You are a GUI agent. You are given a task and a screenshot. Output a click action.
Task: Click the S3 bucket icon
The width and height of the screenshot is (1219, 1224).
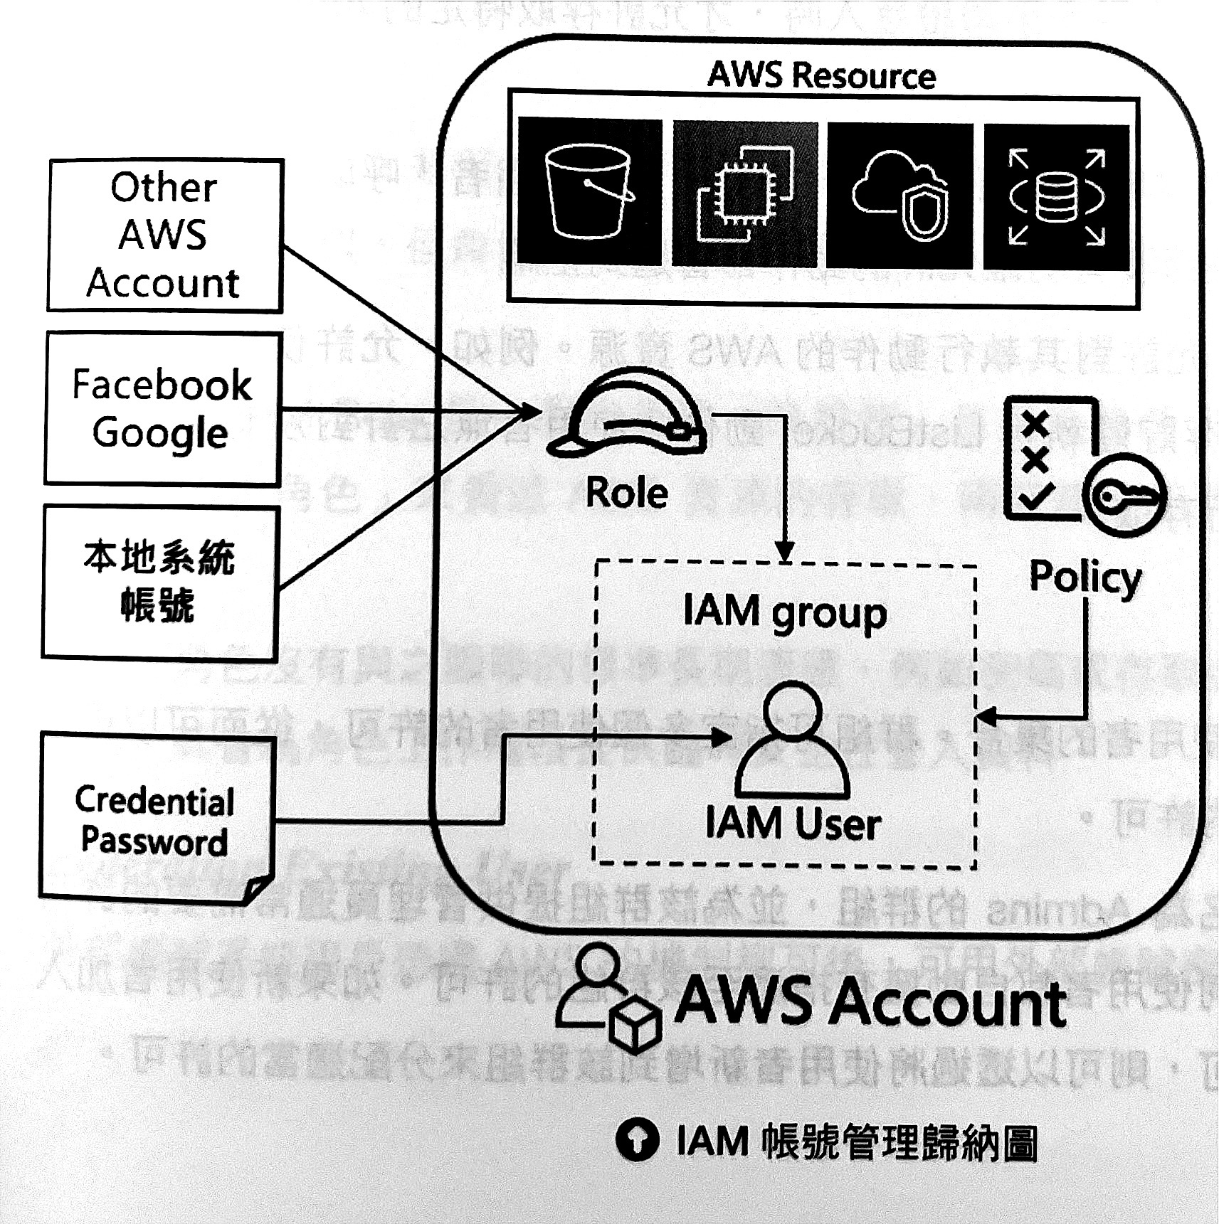(x=589, y=192)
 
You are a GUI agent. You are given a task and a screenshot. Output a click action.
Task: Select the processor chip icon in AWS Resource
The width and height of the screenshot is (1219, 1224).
(x=744, y=193)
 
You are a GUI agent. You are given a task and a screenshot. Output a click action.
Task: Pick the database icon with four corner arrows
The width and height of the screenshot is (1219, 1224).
(x=1057, y=197)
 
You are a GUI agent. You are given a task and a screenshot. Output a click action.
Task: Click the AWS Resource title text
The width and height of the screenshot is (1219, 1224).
(x=821, y=75)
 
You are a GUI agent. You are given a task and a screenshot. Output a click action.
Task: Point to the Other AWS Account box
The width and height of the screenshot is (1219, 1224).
(x=165, y=235)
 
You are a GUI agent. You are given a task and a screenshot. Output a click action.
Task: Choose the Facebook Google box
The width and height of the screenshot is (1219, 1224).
(x=163, y=409)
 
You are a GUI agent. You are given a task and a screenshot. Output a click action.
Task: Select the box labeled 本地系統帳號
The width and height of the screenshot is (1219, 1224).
(x=160, y=582)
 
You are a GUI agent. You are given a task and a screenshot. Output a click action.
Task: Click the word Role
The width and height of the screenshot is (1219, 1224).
(x=627, y=493)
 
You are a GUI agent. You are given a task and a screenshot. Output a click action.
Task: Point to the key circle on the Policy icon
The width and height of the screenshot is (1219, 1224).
(x=1124, y=496)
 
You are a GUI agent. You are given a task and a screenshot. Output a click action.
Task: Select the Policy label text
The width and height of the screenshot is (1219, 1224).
(x=1085, y=578)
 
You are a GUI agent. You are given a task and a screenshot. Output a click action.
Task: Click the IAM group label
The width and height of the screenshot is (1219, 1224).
(x=785, y=612)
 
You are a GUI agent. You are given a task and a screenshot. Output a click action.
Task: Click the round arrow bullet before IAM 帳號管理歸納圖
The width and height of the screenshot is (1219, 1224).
(x=637, y=1140)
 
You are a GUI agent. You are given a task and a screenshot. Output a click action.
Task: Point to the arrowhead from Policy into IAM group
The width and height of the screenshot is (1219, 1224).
(x=986, y=717)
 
